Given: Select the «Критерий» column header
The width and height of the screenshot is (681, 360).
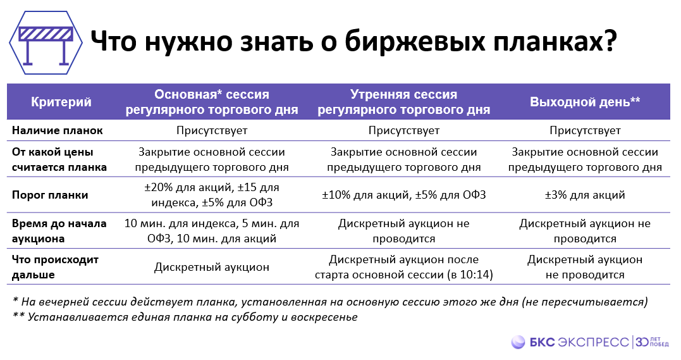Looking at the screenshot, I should [61, 102].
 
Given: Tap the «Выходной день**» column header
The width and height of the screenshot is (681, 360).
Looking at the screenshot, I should [585, 102].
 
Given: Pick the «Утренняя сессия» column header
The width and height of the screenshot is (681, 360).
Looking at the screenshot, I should [403, 95].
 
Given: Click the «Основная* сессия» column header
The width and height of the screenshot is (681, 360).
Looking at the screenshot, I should [212, 95].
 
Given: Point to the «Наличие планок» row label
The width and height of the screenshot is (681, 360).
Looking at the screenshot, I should [57, 130].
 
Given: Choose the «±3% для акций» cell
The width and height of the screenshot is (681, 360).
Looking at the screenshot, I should [585, 195].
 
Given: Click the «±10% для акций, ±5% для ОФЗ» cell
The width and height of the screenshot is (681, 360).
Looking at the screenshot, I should [403, 195].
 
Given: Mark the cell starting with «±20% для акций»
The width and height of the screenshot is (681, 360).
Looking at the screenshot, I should [212, 195].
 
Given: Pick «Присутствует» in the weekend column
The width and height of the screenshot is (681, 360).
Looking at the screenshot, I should [585, 130].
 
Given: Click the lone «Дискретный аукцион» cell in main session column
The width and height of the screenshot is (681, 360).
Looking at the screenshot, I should [212, 267].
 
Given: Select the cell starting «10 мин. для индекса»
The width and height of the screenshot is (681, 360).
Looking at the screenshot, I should [212, 231].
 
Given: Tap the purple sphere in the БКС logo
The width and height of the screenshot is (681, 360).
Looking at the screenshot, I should [518, 342].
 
